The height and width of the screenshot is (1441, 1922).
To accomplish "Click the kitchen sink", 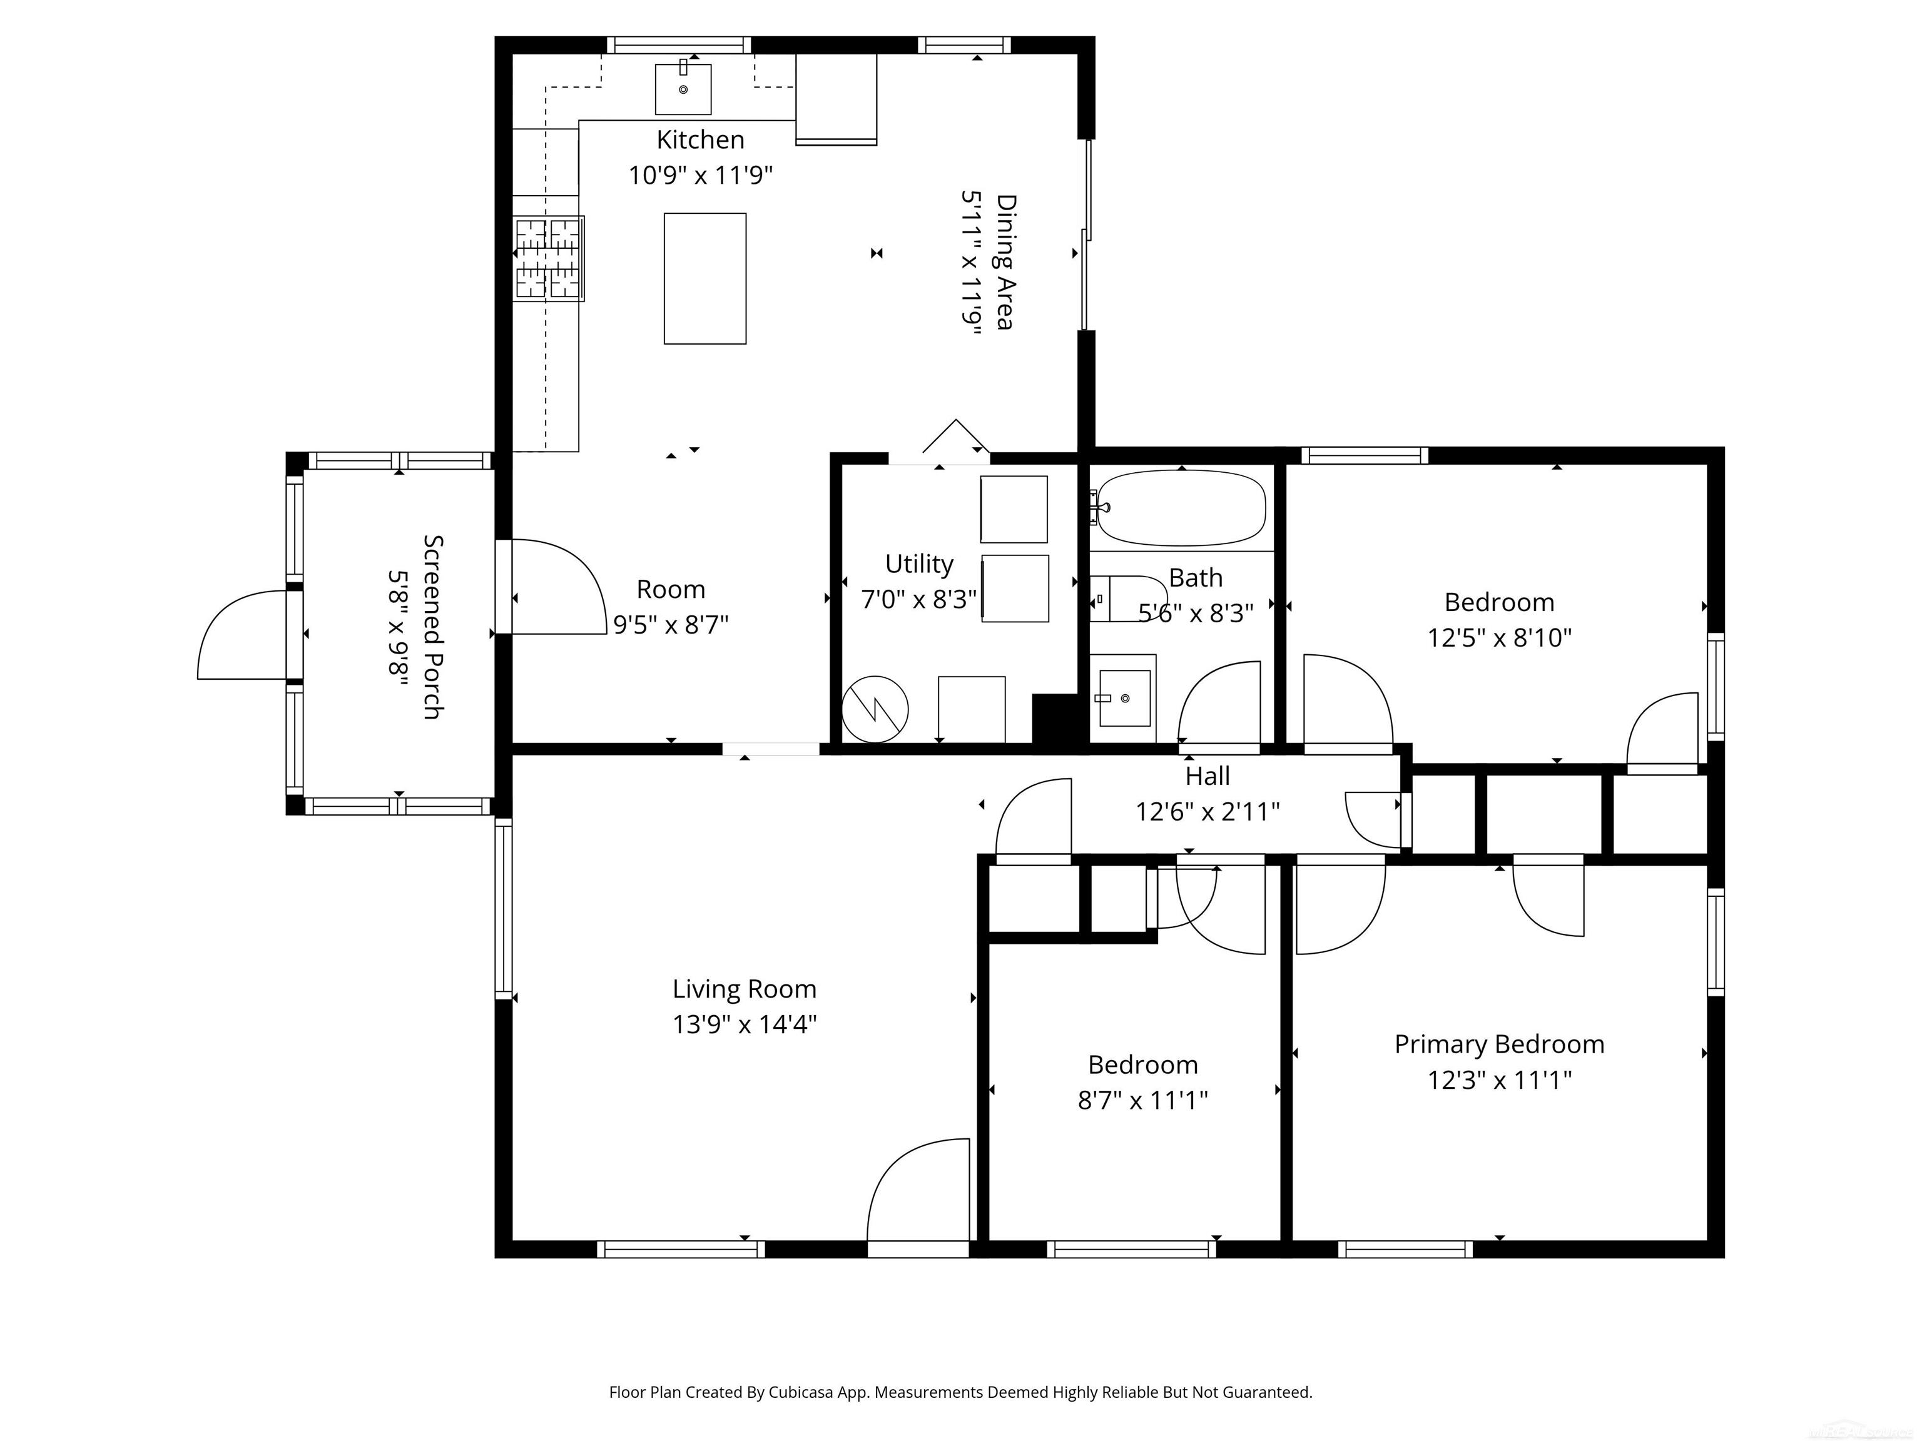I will (683, 89).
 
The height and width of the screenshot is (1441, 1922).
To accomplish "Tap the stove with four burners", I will (548, 258).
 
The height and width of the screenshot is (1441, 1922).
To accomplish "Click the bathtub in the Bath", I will (1181, 508).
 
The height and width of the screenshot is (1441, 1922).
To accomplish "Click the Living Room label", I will (744, 988).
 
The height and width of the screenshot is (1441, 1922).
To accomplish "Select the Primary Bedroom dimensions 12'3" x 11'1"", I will (1499, 1079).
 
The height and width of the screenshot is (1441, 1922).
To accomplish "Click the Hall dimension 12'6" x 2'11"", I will (1207, 811).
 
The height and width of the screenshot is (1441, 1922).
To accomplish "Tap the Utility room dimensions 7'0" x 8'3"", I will (918, 599).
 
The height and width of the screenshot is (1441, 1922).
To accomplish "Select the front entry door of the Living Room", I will (918, 1199).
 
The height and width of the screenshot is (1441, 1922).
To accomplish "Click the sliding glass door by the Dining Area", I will (1086, 235).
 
